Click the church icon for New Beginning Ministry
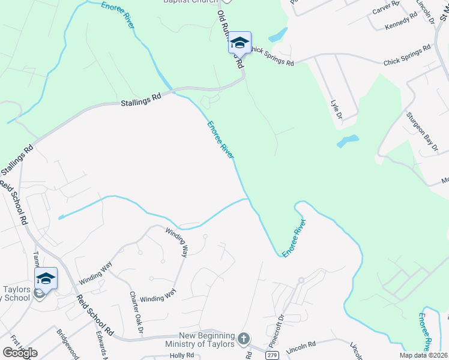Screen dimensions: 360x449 click(x=243, y=339)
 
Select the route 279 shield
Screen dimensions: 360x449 click(x=272, y=356)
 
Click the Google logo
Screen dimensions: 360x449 click(x=20, y=353)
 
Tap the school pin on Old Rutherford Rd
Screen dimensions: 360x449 click(x=239, y=43)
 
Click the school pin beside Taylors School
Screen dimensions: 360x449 click(x=45, y=279)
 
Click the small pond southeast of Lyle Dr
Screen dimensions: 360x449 click(x=348, y=142)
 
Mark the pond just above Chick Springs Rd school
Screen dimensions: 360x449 click(x=277, y=35)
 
